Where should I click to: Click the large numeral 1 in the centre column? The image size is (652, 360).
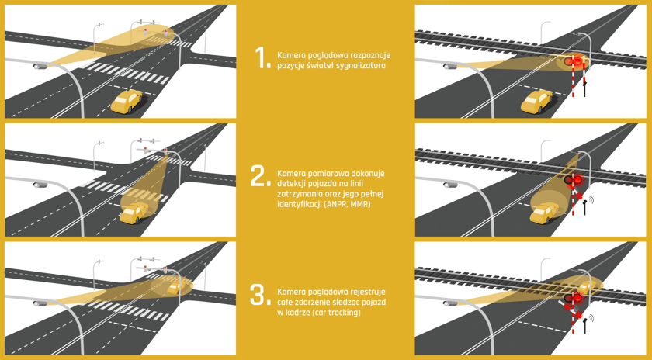click(262, 57)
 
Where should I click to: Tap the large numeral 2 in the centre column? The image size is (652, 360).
click(260, 176)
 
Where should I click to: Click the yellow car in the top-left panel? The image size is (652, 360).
click(127, 102)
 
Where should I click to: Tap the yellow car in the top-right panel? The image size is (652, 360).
click(537, 102)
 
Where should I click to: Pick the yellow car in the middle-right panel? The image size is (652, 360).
click(545, 213)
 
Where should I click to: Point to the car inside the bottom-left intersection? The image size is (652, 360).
click(175, 286)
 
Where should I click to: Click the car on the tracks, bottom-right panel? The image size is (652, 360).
click(586, 287)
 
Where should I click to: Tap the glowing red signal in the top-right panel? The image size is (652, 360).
click(577, 62)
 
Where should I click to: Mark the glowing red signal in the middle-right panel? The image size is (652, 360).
click(577, 179)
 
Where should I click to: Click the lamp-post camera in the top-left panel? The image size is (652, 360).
click(40, 66)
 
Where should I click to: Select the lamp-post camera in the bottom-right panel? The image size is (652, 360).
click(450, 303)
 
